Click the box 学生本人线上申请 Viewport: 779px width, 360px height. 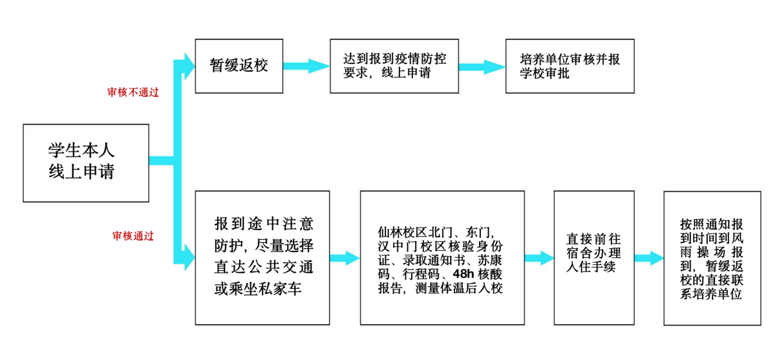tap(86, 163)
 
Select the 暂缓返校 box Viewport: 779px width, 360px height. tap(239, 66)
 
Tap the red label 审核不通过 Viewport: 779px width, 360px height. tap(133, 92)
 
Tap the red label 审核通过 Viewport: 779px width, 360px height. tap(133, 236)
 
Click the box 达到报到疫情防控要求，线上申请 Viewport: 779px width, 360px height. tap(394, 66)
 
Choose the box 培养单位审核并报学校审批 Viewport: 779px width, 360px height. tap(570, 66)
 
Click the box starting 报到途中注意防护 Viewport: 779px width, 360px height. tap(262, 258)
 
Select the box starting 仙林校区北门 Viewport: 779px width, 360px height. tap(442, 258)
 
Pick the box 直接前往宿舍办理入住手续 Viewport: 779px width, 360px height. tap(594, 258)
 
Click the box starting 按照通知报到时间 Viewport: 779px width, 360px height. tap(712, 258)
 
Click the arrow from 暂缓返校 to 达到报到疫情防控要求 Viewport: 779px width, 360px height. tap(306, 66)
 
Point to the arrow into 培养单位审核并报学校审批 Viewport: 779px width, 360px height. tap(482, 67)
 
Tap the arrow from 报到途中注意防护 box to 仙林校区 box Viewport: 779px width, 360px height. tap(345, 258)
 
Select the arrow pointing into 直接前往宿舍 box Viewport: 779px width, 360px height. tap(539, 258)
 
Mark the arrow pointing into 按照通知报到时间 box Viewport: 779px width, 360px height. tap(649, 258)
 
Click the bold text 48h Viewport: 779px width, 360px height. tap(464, 274)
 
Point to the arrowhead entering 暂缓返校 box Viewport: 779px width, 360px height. tap(189, 66)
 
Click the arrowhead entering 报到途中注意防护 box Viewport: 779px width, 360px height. tap(189, 257)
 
